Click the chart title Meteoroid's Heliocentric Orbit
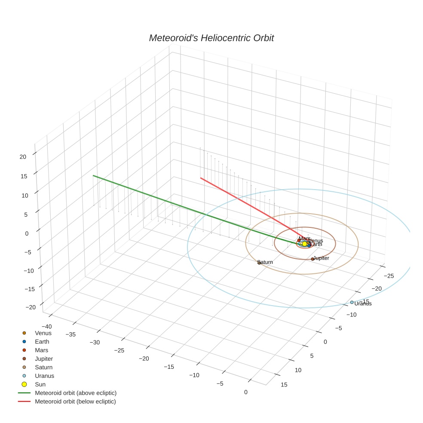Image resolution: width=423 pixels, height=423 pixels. [211, 38]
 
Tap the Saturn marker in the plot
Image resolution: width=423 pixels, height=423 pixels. [259, 262]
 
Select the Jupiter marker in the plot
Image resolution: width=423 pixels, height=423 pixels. [313, 259]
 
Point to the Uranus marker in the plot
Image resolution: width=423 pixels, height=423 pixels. [352, 302]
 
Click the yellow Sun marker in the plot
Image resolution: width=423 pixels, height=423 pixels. [304, 244]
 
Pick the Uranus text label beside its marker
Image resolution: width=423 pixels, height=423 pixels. [363, 304]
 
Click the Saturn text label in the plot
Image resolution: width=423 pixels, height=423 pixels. [266, 262]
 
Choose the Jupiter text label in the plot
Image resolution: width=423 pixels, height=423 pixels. [322, 258]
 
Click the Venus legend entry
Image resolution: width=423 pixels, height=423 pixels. [43, 333]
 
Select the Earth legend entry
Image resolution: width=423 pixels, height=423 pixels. [42, 341]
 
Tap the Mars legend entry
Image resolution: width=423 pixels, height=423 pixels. [41, 350]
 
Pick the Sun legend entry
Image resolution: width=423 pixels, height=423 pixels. [40, 384]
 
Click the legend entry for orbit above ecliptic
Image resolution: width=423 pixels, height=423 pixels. [76, 393]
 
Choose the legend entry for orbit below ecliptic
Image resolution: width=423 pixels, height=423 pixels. [75, 402]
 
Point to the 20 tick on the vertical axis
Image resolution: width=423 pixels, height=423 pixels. [23, 156]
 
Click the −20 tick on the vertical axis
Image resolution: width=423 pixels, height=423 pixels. [30, 307]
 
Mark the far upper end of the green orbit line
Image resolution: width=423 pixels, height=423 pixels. [93, 176]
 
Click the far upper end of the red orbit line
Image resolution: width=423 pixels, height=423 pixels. [201, 178]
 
